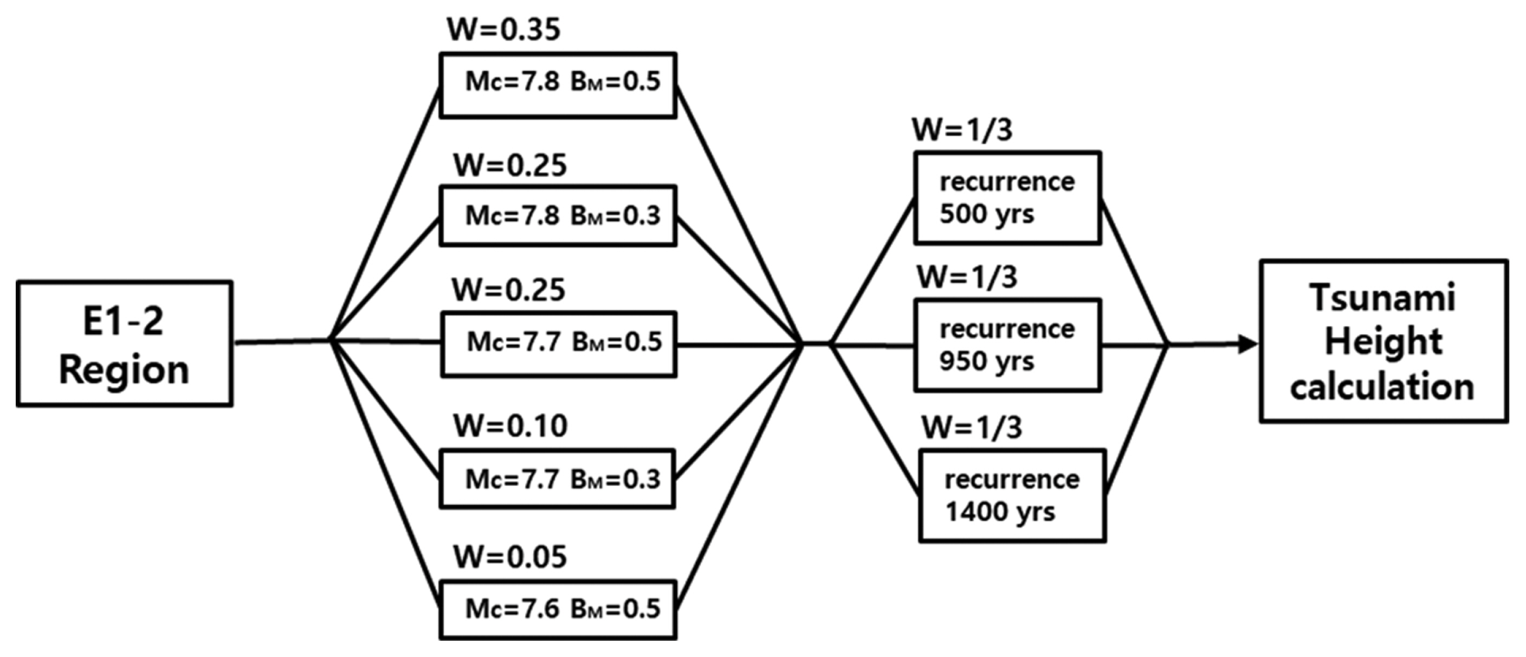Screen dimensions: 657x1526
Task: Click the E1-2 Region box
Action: point(125,344)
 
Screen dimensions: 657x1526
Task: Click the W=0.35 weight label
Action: point(503,30)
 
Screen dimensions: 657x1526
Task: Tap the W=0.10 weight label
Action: point(510,426)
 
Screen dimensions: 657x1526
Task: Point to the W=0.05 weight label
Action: point(510,557)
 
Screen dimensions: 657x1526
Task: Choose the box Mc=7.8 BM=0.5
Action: point(558,85)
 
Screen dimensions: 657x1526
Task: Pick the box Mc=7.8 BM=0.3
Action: point(558,216)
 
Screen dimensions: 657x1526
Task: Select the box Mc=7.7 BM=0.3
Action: point(558,479)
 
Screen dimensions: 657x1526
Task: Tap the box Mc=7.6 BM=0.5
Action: point(558,609)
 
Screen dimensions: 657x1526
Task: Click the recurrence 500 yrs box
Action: point(1007,198)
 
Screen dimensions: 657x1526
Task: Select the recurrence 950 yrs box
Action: point(1007,345)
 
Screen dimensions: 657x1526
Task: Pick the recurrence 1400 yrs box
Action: point(1012,496)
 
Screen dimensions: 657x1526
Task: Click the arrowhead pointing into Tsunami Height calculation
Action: point(1247,344)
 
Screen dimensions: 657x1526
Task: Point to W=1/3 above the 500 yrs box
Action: point(962,130)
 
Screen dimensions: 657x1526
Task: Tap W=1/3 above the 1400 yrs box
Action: point(972,428)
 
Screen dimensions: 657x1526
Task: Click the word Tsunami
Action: point(1382,298)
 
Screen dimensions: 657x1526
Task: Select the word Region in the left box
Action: point(125,370)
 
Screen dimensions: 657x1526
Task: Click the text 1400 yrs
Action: point(1000,512)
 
